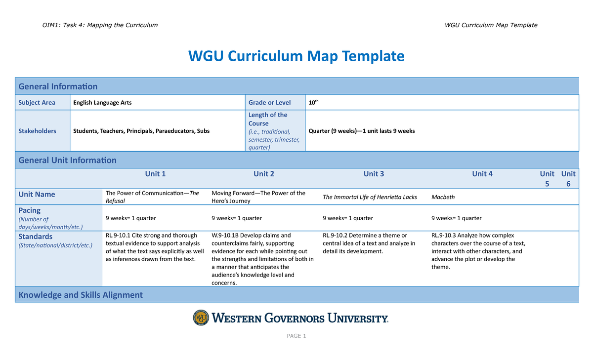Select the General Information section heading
[x=58, y=86]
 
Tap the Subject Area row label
[x=37, y=103]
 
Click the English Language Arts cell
[x=102, y=103]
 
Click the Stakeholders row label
[x=37, y=131]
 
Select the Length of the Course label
[x=267, y=119]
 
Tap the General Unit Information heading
[x=67, y=160]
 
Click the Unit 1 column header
[x=155, y=174]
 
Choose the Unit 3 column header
[x=374, y=174]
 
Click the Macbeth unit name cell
[x=443, y=197]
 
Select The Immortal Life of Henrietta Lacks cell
[x=370, y=197]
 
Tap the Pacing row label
[x=30, y=210]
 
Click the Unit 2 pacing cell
[x=236, y=218]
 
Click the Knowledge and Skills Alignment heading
[x=81, y=295]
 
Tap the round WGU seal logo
[x=201, y=318]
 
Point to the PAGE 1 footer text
[x=296, y=336]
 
